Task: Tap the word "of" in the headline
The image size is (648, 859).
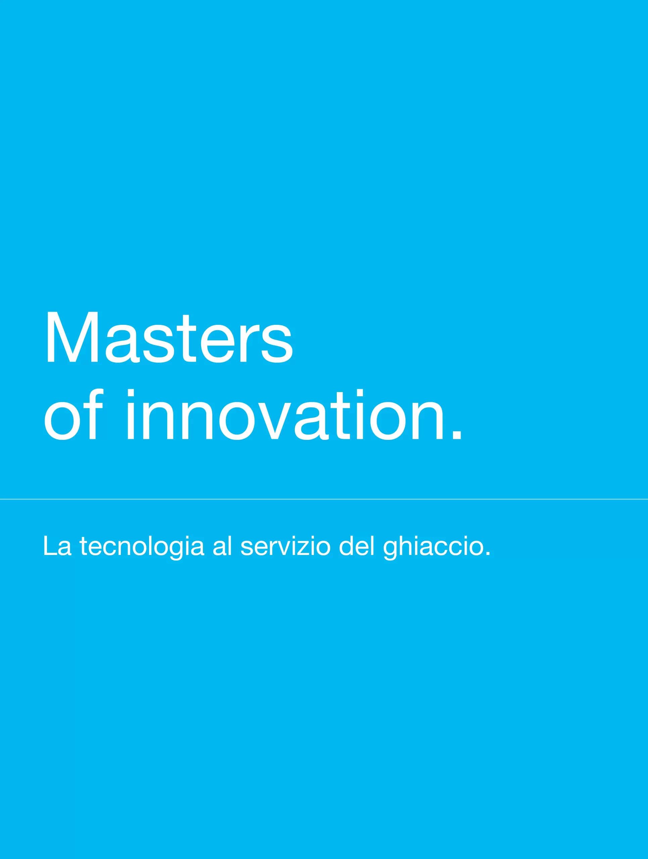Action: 74,414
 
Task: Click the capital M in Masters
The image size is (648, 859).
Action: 72,337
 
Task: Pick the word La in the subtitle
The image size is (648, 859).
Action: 57,546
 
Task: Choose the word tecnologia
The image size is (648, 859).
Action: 142,548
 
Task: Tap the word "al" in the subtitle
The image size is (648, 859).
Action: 223,546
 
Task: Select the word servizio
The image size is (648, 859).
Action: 285,546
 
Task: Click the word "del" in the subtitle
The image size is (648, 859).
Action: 357,546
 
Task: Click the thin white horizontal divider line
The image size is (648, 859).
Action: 324,499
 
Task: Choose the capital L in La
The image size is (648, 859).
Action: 50,546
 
